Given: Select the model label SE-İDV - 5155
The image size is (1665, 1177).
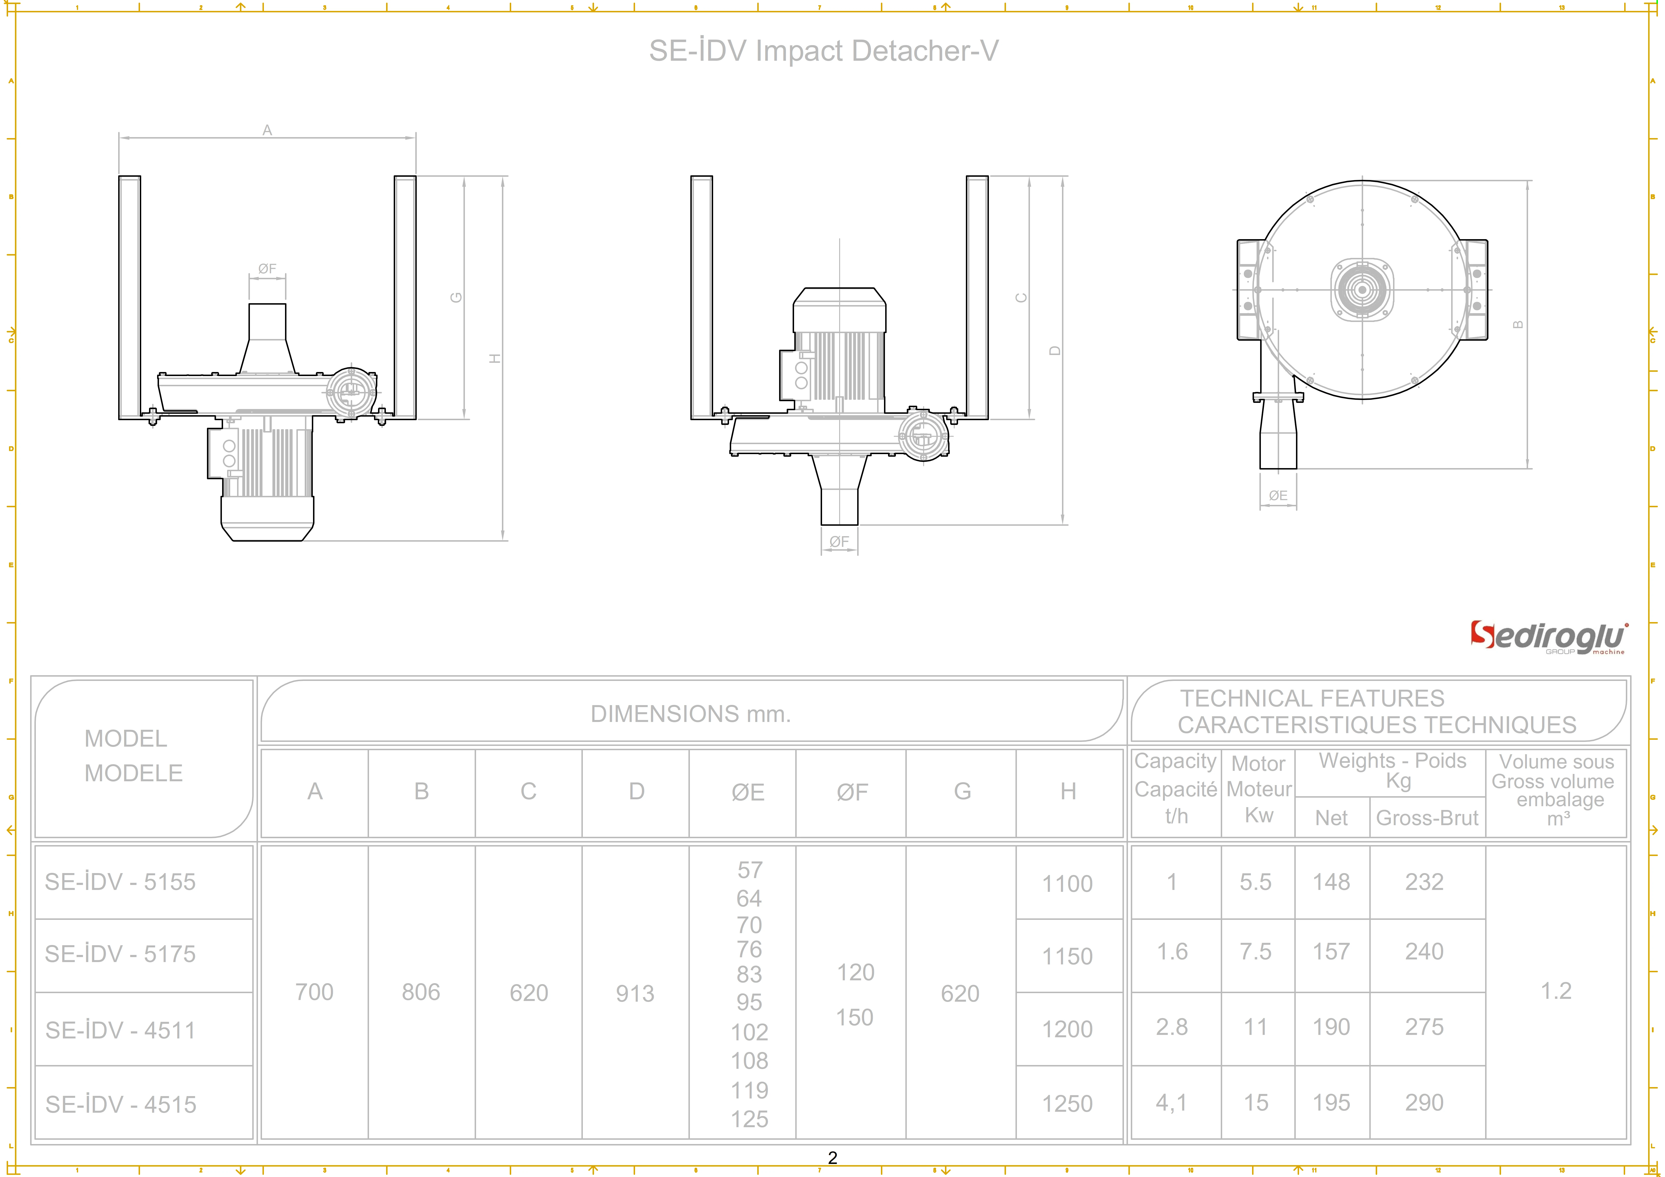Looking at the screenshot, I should [x=120, y=882].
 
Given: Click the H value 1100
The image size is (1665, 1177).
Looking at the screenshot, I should [x=1067, y=883].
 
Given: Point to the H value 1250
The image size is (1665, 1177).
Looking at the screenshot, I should [x=1067, y=1103].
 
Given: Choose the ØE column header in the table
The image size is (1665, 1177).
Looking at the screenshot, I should [x=748, y=792].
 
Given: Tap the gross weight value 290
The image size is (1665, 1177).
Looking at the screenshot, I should [x=1424, y=1102].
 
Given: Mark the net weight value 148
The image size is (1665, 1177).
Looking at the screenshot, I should [x=1331, y=882].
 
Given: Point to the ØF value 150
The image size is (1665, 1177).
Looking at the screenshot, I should [x=854, y=1018].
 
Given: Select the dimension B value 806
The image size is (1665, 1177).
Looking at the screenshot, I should [x=421, y=992].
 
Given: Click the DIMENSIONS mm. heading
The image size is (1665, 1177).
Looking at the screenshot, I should [x=690, y=714].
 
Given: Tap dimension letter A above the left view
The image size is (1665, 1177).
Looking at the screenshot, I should [x=267, y=130].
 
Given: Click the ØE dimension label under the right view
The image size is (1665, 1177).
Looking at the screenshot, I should [x=1278, y=495].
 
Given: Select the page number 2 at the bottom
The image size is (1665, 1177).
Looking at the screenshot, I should [x=832, y=1157].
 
